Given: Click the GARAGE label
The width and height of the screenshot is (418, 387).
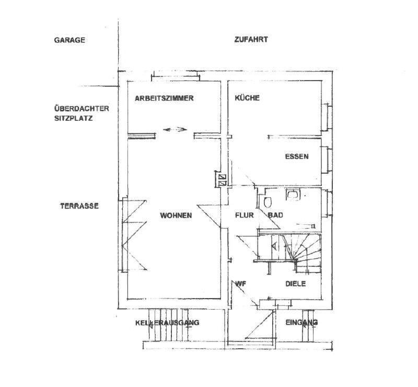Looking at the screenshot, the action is [69, 40].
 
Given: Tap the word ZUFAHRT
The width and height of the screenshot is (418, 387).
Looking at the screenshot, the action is [251, 40].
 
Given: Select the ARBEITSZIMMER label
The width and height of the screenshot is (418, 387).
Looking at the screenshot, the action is [164, 98].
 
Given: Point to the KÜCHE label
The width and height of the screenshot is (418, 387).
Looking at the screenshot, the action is [247, 98].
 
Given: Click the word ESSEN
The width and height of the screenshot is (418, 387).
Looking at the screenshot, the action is [297, 156].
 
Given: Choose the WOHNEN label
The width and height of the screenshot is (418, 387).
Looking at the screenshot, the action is [176, 215].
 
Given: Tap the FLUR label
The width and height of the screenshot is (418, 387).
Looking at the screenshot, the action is [244, 215].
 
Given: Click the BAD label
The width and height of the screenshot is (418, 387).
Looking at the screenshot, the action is [275, 215].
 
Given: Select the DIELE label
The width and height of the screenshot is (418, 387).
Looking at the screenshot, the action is [296, 283].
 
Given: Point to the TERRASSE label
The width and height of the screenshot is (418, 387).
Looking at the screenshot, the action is [79, 206].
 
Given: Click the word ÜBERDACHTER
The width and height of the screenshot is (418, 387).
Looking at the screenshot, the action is [82, 109].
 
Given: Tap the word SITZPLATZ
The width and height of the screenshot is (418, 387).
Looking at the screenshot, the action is [74, 118].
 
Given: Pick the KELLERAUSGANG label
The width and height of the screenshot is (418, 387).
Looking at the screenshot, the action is [167, 323].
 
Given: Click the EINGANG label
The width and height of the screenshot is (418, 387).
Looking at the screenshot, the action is [301, 322].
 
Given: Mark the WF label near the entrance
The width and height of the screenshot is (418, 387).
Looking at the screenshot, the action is [240, 283].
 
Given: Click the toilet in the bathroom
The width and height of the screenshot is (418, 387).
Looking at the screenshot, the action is [268, 202].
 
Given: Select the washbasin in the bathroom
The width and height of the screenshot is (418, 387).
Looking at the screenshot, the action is [293, 195].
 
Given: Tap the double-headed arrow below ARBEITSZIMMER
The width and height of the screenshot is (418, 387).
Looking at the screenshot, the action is [175, 130].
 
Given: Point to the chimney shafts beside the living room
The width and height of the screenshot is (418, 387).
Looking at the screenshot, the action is [222, 179].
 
